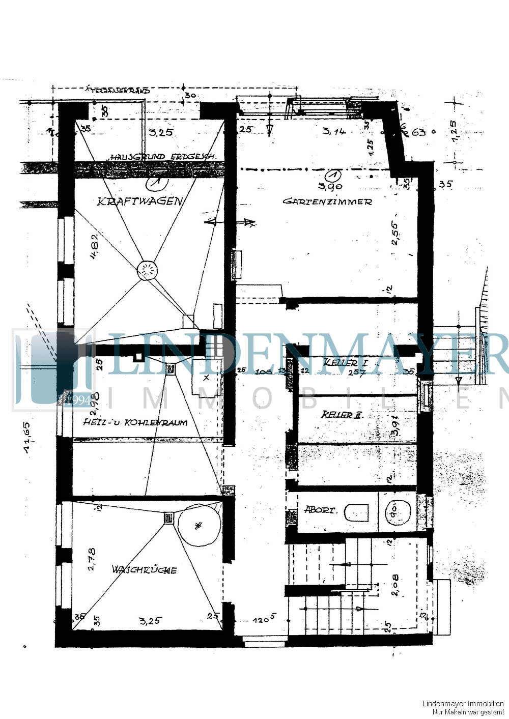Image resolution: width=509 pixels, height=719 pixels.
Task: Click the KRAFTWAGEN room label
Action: [x=139, y=201]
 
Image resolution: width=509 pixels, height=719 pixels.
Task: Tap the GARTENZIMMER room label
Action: [x=327, y=202]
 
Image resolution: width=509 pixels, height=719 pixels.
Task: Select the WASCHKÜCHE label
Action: [x=144, y=569]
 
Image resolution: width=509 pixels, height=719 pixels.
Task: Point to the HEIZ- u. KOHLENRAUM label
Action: [x=135, y=422]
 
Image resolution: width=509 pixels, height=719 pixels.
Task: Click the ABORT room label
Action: [x=319, y=509]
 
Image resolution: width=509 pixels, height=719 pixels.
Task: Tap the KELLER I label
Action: [x=345, y=363]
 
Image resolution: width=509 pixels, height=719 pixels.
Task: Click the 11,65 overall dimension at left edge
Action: [x=26, y=437]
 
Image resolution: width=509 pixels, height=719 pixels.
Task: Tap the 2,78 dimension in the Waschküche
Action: [x=92, y=558]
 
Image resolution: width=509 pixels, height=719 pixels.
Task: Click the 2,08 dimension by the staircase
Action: [x=395, y=585]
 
